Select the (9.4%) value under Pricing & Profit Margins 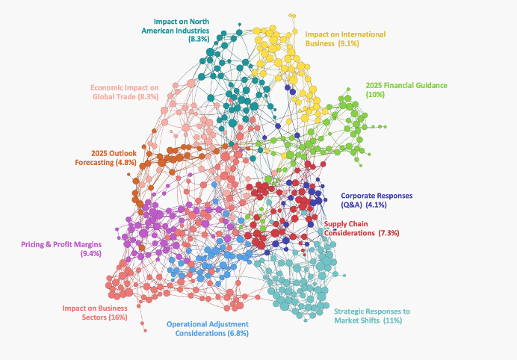(90, 255)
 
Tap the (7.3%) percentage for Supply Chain (389, 233)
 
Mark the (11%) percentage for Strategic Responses (393, 320)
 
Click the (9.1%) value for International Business (349, 43)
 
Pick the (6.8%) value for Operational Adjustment (238, 334)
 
